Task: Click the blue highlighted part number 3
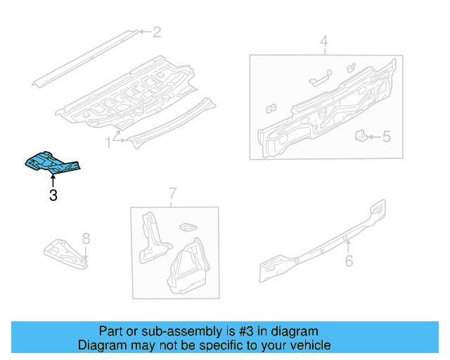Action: click(51, 162)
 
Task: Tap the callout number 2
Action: click(157, 31)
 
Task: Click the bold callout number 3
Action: click(53, 196)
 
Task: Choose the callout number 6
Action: click(348, 262)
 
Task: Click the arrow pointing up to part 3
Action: click(53, 180)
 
